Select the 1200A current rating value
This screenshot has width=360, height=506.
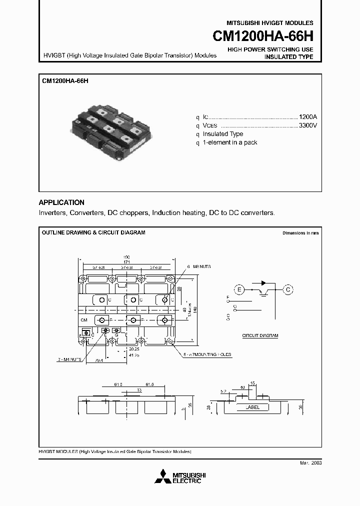tap(307, 115)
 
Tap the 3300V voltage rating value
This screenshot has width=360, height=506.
tap(307, 125)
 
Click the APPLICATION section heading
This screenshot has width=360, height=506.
tap(61, 202)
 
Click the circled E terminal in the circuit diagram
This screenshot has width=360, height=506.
tap(239, 289)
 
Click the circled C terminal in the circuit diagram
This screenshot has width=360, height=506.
tap(287, 289)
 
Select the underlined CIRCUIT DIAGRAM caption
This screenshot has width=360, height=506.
tap(259, 335)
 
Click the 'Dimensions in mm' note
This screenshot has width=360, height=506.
tap(300, 233)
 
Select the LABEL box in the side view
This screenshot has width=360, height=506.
tap(252, 407)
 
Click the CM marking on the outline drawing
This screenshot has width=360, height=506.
tap(83, 319)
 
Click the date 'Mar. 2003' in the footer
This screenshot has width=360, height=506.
tap(310, 463)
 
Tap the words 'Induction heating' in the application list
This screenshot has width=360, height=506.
tap(178, 213)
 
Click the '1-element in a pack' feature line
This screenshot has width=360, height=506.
tap(230, 143)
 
